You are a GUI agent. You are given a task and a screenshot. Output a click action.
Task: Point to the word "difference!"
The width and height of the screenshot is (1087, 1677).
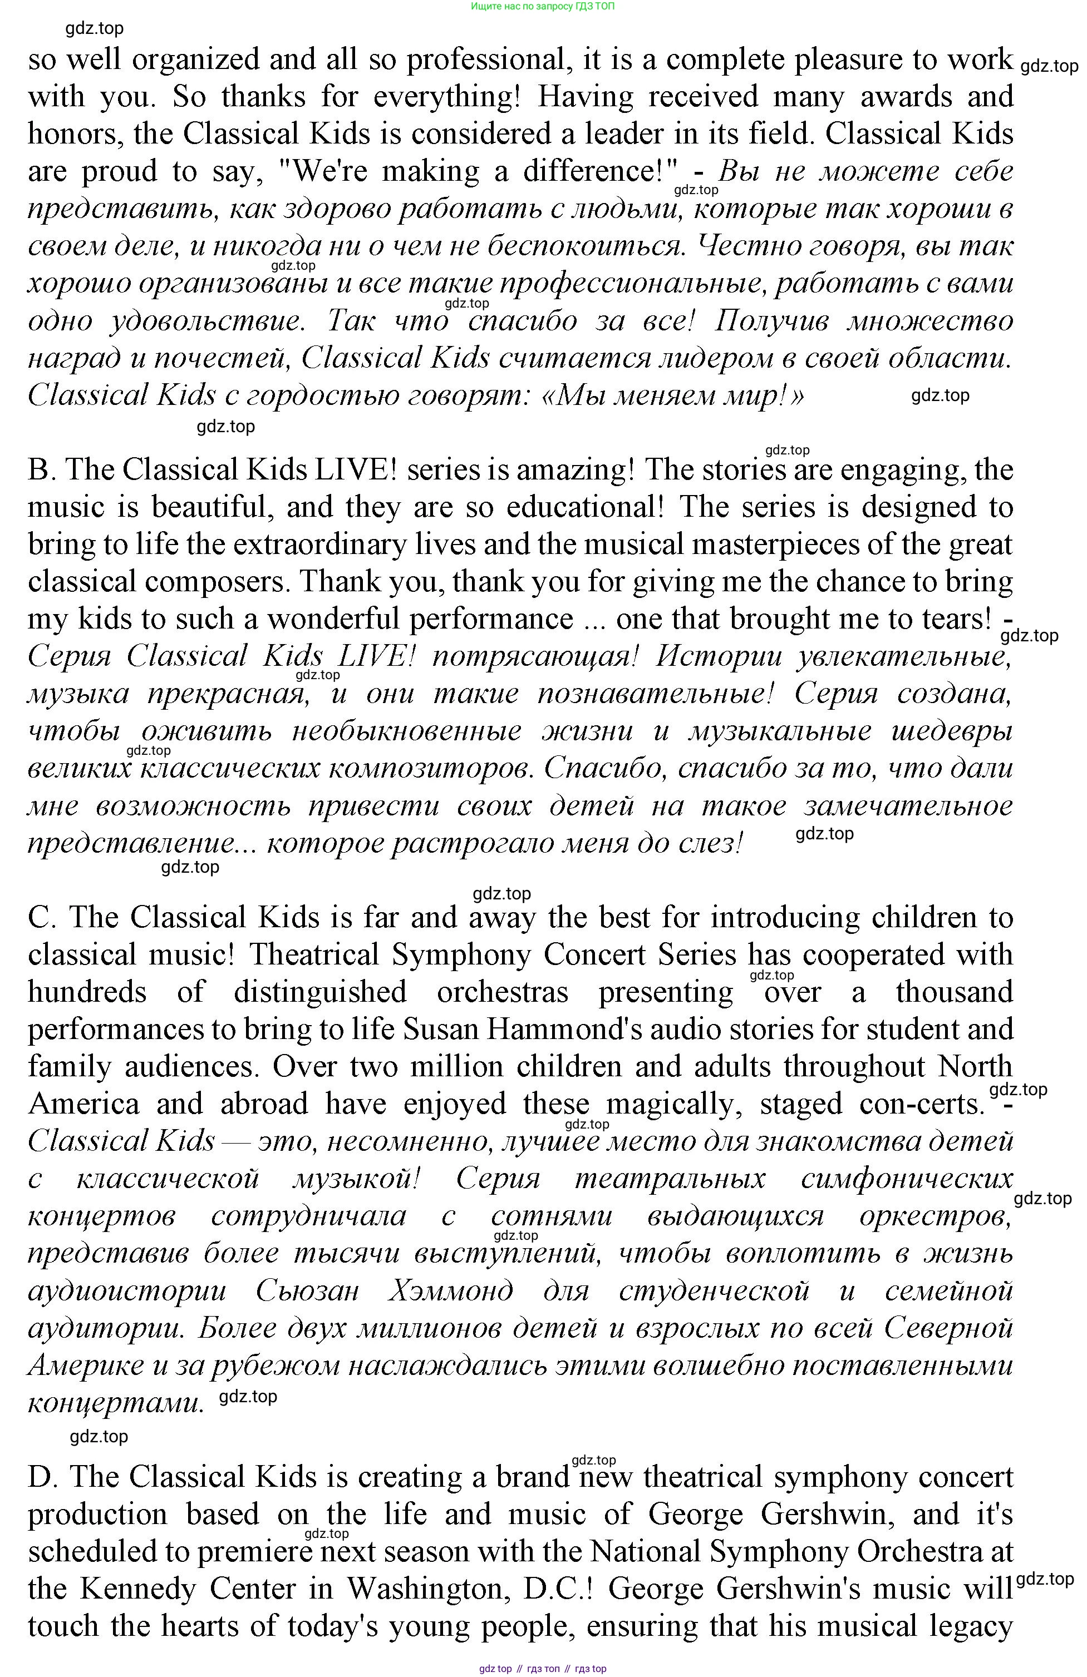click(x=599, y=172)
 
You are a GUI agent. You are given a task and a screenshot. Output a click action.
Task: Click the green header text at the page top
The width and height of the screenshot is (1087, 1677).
click(x=542, y=6)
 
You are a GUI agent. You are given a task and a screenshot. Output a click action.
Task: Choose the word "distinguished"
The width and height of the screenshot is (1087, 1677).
click(x=320, y=993)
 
